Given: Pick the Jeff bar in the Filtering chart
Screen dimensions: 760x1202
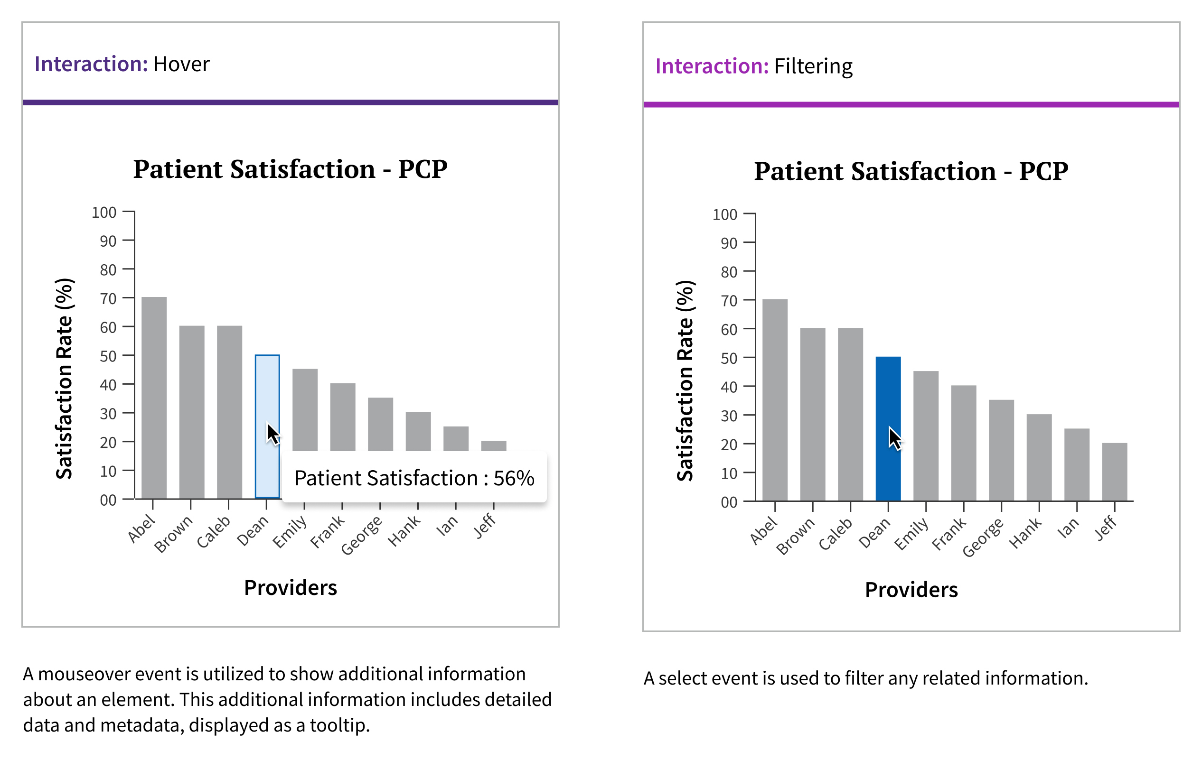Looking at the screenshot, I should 1115,471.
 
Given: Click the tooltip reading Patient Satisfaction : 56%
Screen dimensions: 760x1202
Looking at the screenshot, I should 414,478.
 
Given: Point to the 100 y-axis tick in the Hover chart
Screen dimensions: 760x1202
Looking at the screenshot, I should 104,213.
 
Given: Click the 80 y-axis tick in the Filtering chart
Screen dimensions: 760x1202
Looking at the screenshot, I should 729,272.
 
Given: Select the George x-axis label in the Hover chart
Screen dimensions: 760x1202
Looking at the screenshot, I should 362,535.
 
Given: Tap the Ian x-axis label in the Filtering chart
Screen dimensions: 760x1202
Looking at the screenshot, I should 1068,528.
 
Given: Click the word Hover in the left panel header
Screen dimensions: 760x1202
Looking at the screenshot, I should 181,65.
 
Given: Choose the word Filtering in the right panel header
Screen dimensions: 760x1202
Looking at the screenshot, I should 813,66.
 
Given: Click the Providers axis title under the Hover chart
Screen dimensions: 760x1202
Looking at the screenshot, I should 290,587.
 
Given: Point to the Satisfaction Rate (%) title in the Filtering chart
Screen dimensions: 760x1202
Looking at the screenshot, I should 685,381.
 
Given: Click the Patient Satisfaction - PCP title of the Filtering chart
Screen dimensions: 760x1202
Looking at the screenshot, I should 911,171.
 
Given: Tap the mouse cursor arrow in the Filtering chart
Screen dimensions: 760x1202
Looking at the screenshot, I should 894,438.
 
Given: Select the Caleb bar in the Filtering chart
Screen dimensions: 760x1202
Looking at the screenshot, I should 850,414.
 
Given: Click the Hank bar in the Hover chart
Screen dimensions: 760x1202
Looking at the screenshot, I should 418,431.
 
